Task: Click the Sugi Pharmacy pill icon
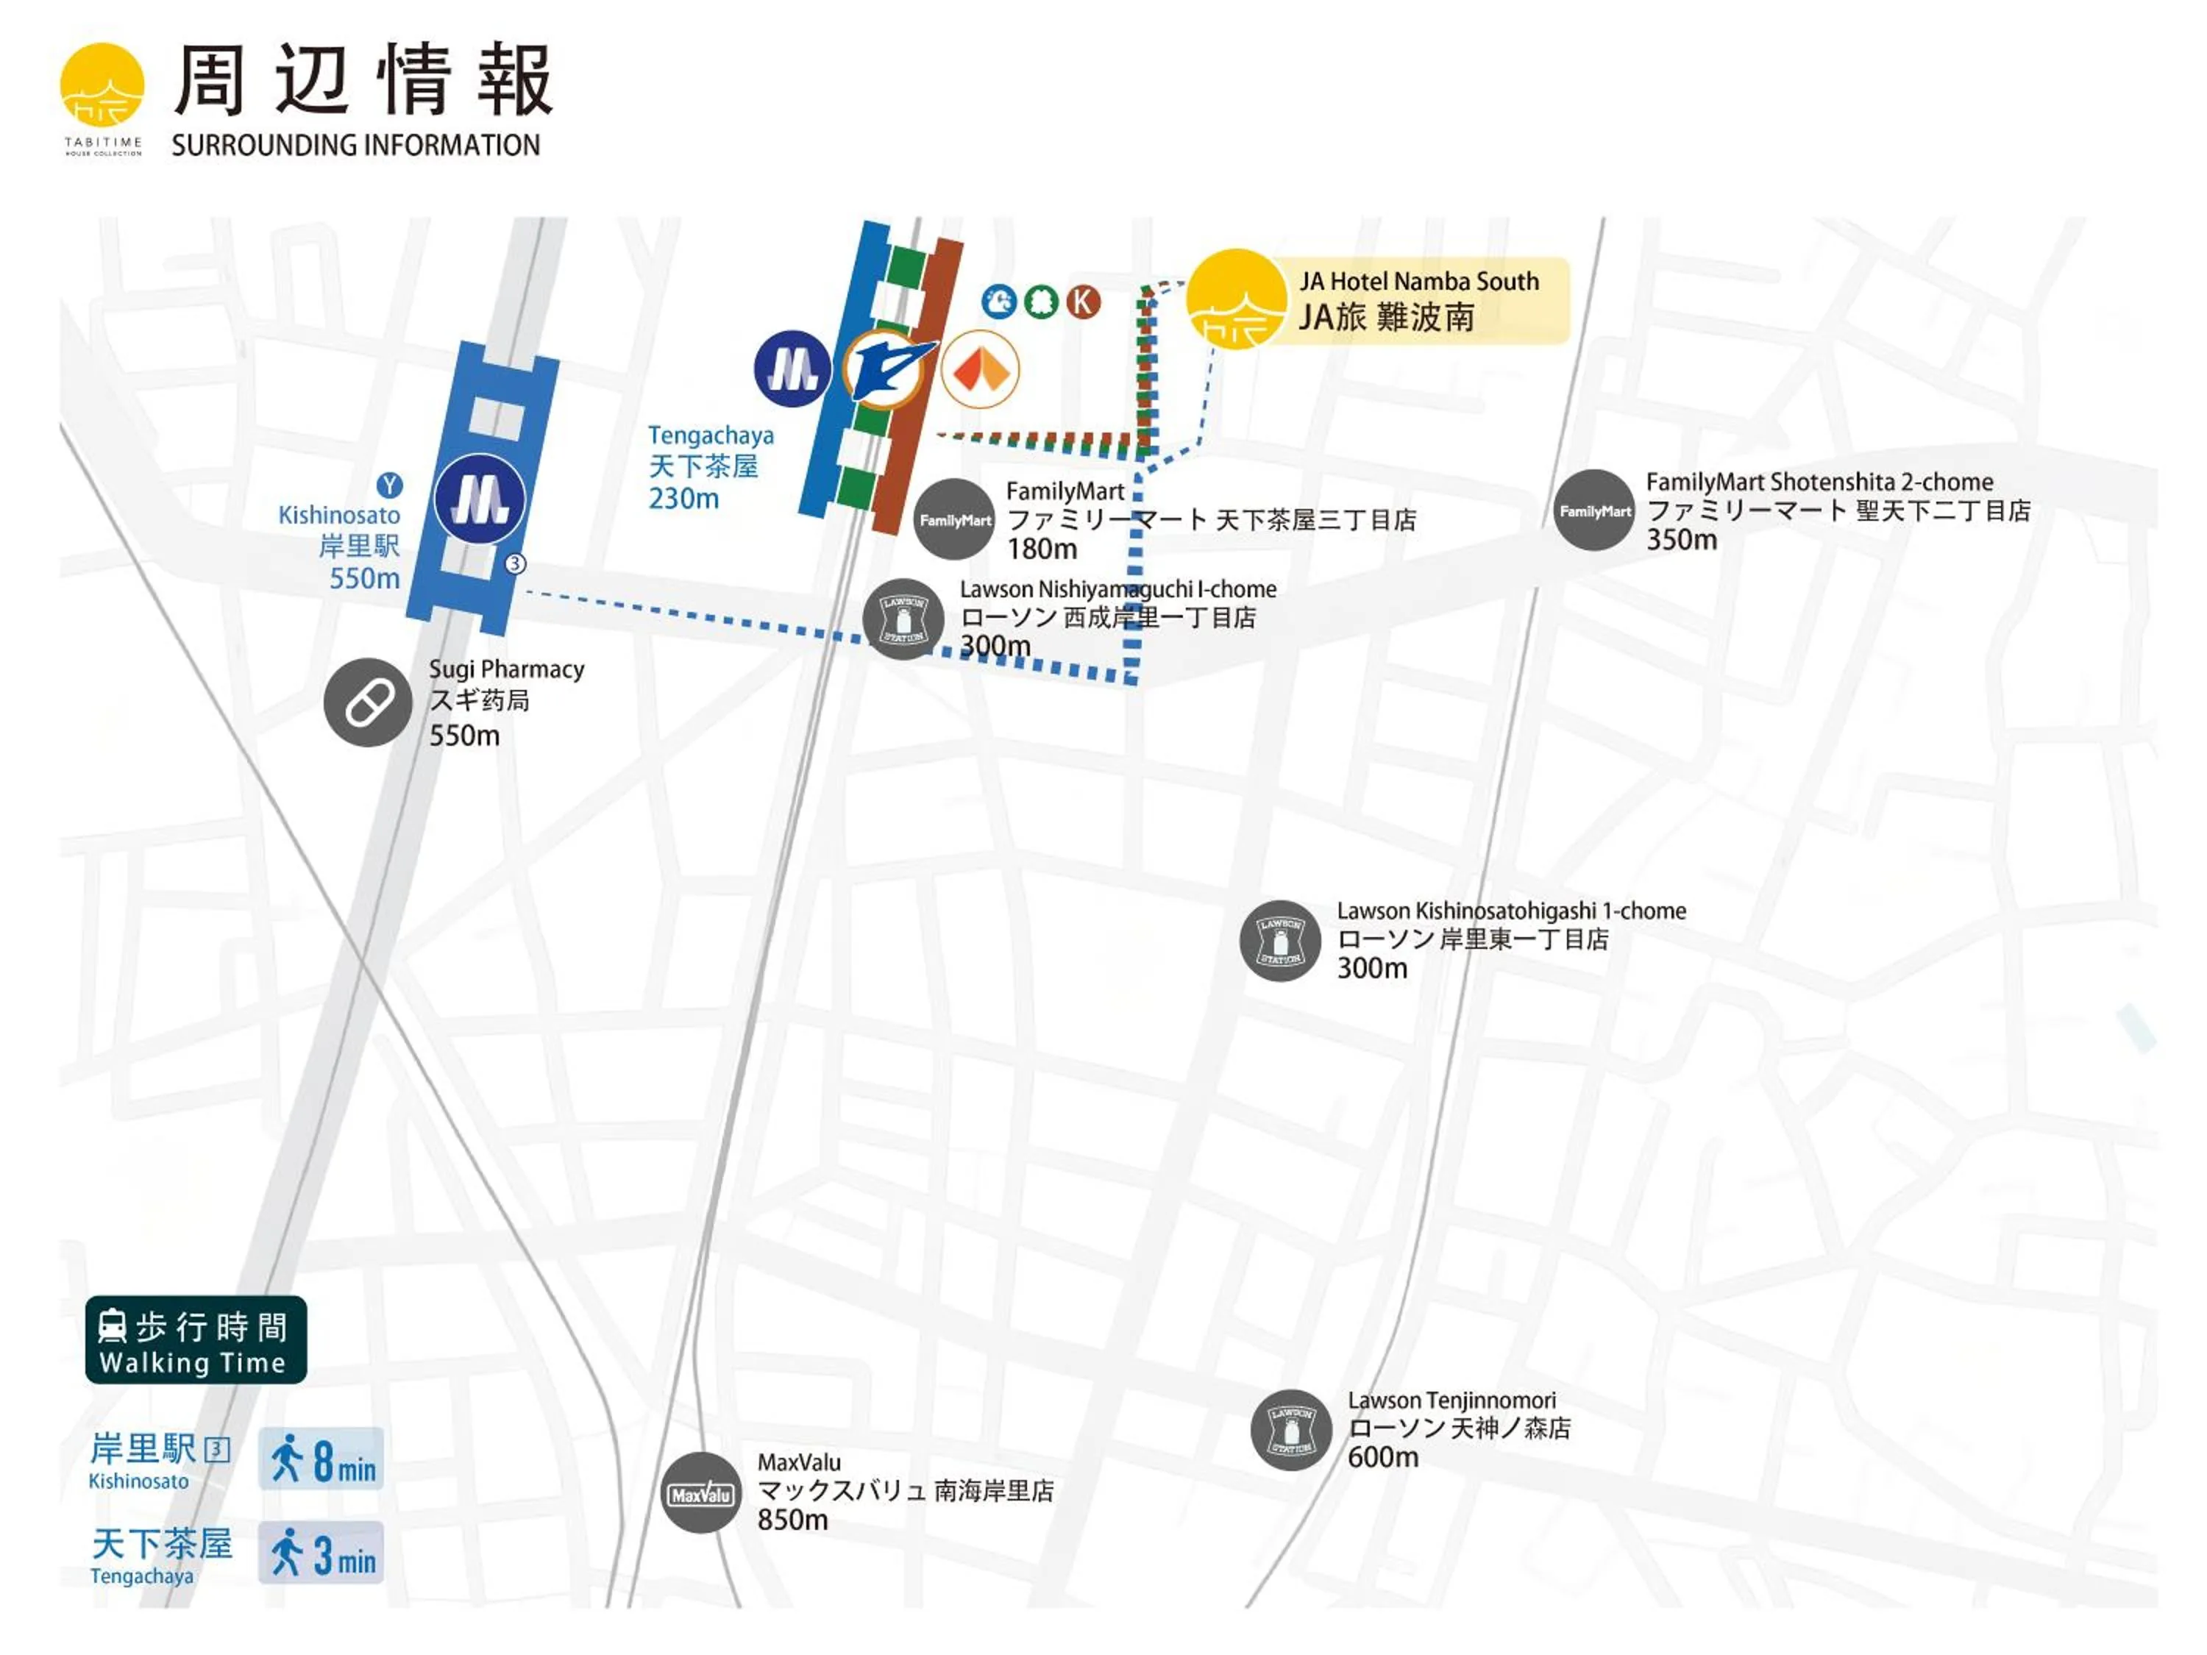pyautogui.click(x=367, y=702)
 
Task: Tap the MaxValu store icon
pyautogui.click(x=700, y=1493)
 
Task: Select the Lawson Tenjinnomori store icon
pyautogui.click(x=1290, y=1429)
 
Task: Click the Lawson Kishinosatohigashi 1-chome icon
pyautogui.click(x=1279, y=941)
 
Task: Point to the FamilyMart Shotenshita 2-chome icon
pyautogui.click(x=1593, y=510)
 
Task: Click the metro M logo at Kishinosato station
pyautogui.click(x=480, y=499)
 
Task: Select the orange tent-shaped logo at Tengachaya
pyautogui.click(x=980, y=370)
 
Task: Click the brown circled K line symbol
pyautogui.click(x=1083, y=302)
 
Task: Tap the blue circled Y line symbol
pyautogui.click(x=389, y=485)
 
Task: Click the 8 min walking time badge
pyautogui.click(x=321, y=1459)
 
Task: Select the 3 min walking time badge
pyautogui.click(x=321, y=1552)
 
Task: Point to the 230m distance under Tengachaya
pyautogui.click(x=683, y=498)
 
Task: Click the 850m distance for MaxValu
pyautogui.click(x=792, y=1520)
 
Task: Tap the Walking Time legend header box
pyautogui.click(x=196, y=1339)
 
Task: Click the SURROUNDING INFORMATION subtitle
pyautogui.click(x=355, y=146)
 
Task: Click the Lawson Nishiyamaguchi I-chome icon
pyautogui.click(x=903, y=619)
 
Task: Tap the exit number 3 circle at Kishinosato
pyautogui.click(x=515, y=563)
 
